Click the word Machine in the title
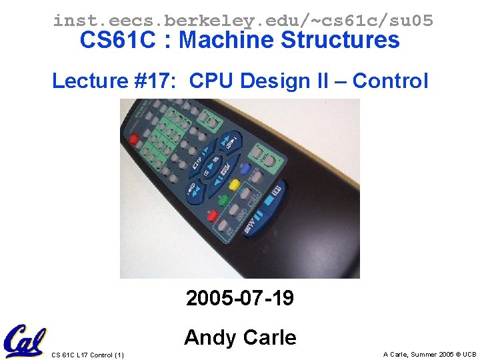[227, 41]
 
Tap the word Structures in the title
[340, 41]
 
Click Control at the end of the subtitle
[390, 81]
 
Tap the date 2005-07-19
[240, 298]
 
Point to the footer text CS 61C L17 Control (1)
[87, 354]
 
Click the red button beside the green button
[213, 215]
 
